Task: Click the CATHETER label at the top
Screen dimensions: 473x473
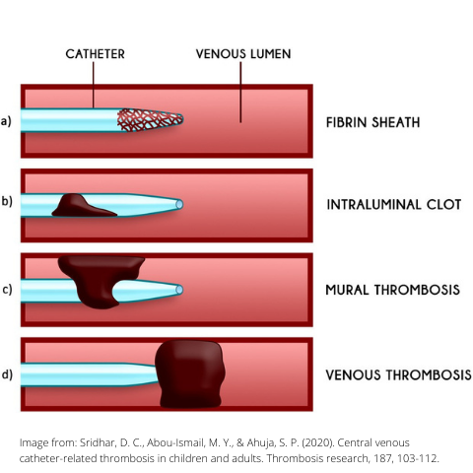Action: coord(95,54)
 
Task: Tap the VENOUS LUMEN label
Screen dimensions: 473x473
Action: coord(243,54)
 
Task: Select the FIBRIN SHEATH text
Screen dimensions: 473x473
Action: coord(372,122)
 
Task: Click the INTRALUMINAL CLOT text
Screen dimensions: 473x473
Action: coord(394,204)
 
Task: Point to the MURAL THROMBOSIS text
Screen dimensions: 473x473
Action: coord(392,290)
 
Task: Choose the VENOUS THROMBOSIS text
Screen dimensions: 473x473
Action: coord(398,374)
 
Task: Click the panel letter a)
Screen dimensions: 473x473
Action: coord(6,121)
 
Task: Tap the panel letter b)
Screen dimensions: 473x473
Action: coord(7,201)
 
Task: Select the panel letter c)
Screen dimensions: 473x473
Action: coord(7,290)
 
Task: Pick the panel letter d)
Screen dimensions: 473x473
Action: coord(7,374)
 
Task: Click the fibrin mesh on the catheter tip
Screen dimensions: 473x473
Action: coord(150,120)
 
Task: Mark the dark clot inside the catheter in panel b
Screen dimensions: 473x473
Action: coord(82,206)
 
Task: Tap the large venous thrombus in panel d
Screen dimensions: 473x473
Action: coord(190,374)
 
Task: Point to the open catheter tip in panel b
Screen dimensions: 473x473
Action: coord(179,204)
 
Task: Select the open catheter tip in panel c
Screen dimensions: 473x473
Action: coord(179,290)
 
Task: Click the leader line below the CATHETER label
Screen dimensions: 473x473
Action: coord(94,85)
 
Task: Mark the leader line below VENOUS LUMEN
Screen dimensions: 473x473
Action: coord(240,93)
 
